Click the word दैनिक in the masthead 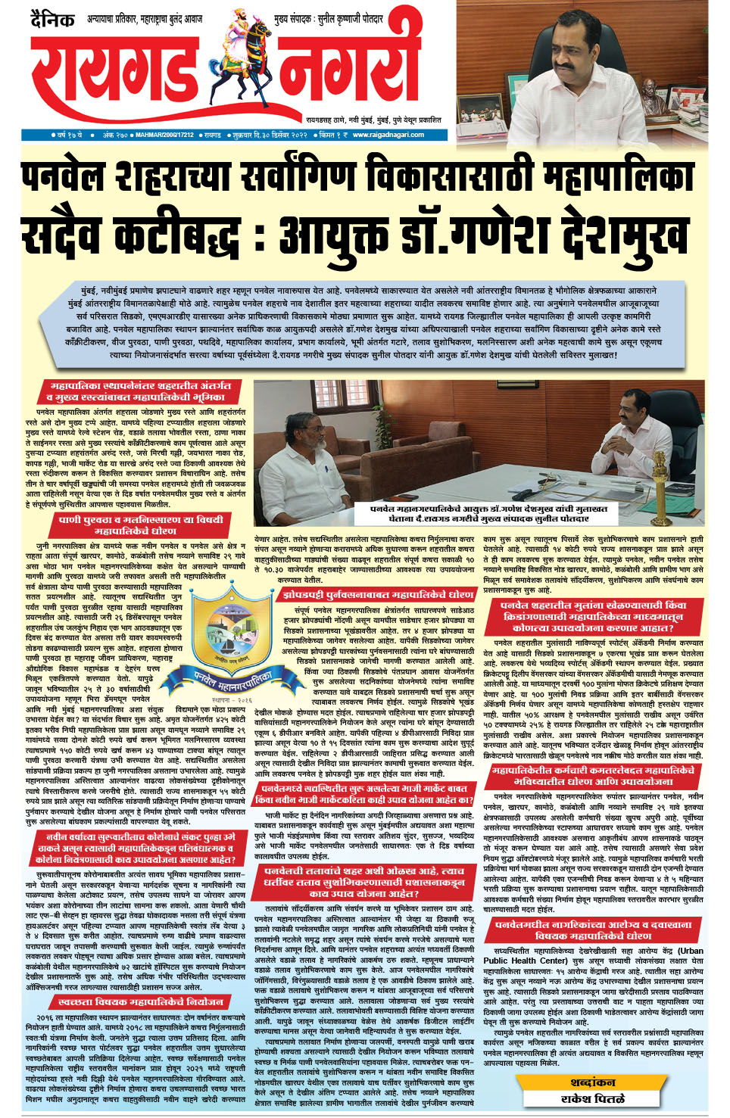pyautogui.click(x=52, y=19)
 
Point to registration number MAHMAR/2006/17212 pyautogui.click(x=164, y=135)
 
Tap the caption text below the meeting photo pyautogui.click(x=479, y=514)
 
